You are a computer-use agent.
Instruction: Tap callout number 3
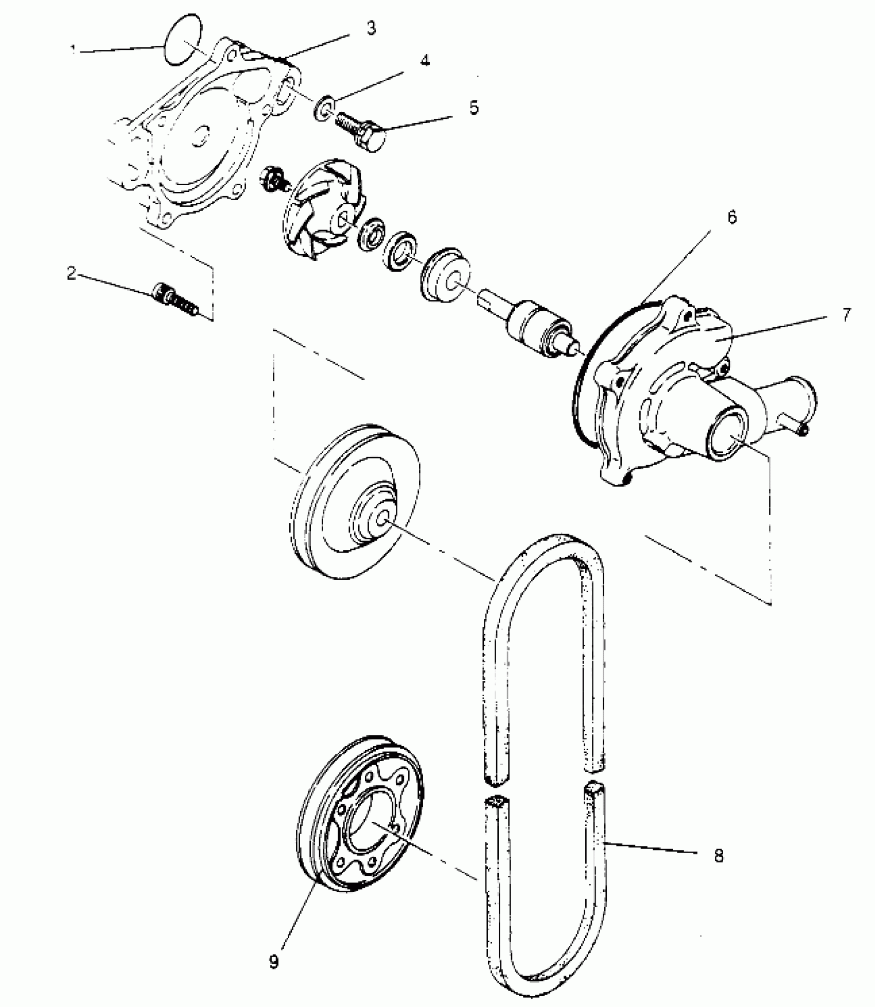(x=371, y=29)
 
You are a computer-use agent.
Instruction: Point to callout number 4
(x=424, y=61)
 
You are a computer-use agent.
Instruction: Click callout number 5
(x=473, y=108)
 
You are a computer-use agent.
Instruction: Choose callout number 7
(x=847, y=314)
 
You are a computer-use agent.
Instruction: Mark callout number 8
(x=719, y=856)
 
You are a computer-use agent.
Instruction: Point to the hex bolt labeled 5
(x=363, y=132)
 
